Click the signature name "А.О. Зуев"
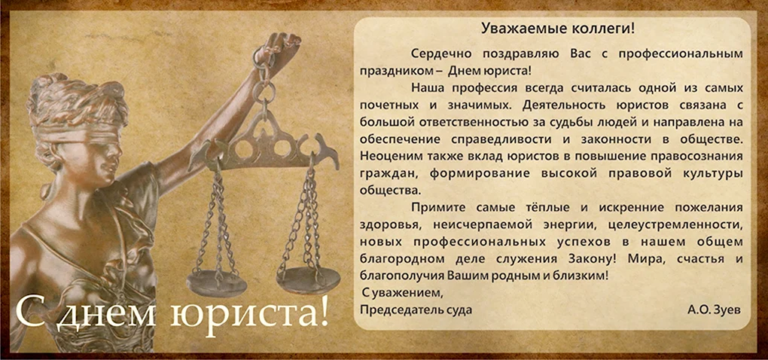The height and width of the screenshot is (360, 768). click(x=714, y=310)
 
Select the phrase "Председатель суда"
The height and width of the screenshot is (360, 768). click(x=416, y=310)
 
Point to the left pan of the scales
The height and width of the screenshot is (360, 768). click(x=217, y=282)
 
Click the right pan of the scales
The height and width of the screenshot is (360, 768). click(x=308, y=279)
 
